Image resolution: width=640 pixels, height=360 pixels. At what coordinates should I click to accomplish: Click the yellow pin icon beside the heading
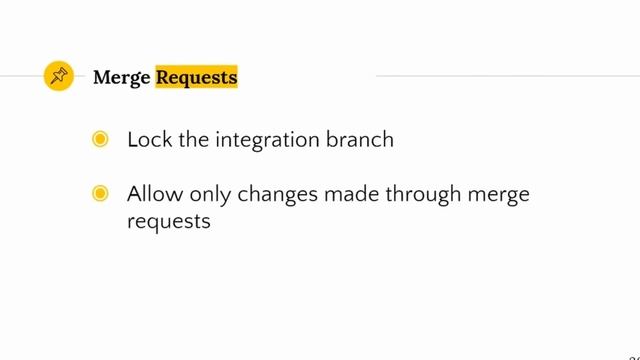[59, 76]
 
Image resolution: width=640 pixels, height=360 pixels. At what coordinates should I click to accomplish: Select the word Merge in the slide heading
[121, 77]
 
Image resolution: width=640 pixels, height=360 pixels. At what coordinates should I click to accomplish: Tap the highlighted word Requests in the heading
[196, 76]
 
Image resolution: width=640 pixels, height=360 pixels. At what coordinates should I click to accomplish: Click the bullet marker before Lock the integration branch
[100, 140]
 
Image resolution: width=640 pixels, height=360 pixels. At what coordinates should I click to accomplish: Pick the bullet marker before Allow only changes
[100, 194]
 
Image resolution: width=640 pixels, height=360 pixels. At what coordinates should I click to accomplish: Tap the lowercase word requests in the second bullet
[169, 222]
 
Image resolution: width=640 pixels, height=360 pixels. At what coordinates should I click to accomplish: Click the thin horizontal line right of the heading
[500, 75]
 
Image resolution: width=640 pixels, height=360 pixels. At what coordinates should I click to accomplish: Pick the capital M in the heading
[101, 77]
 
